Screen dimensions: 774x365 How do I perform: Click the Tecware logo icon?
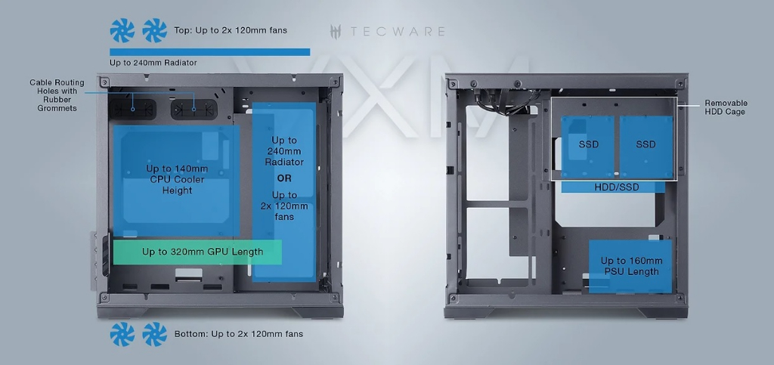pos(336,32)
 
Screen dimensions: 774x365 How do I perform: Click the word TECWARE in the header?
pos(397,32)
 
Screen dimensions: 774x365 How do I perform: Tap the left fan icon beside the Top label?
pos(122,30)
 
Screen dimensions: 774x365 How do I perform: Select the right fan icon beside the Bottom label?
pos(154,334)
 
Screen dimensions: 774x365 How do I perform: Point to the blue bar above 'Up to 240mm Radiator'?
pos(210,52)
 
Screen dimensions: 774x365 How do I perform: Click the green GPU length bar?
pos(197,252)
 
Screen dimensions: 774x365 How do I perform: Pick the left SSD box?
pos(587,147)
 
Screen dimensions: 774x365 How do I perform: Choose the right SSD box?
pos(646,147)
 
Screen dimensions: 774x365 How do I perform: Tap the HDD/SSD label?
pos(617,187)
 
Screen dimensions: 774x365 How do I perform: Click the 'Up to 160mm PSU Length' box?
pos(630,266)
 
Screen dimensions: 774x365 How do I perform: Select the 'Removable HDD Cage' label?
pos(726,107)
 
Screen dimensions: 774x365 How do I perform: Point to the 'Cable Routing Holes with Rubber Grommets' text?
pos(57,95)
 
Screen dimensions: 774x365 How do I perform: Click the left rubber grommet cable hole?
pos(132,109)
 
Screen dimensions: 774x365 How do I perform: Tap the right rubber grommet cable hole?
pos(194,109)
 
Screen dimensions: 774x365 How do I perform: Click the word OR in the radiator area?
pos(284,178)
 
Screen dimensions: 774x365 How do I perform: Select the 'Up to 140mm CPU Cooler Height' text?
pos(177,180)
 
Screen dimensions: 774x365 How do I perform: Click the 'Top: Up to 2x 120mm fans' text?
pos(231,30)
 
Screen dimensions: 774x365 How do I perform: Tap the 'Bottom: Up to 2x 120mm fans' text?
pos(238,334)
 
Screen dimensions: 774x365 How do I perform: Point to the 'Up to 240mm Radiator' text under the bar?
pos(153,63)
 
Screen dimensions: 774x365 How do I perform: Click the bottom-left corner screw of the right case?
pos(452,298)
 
